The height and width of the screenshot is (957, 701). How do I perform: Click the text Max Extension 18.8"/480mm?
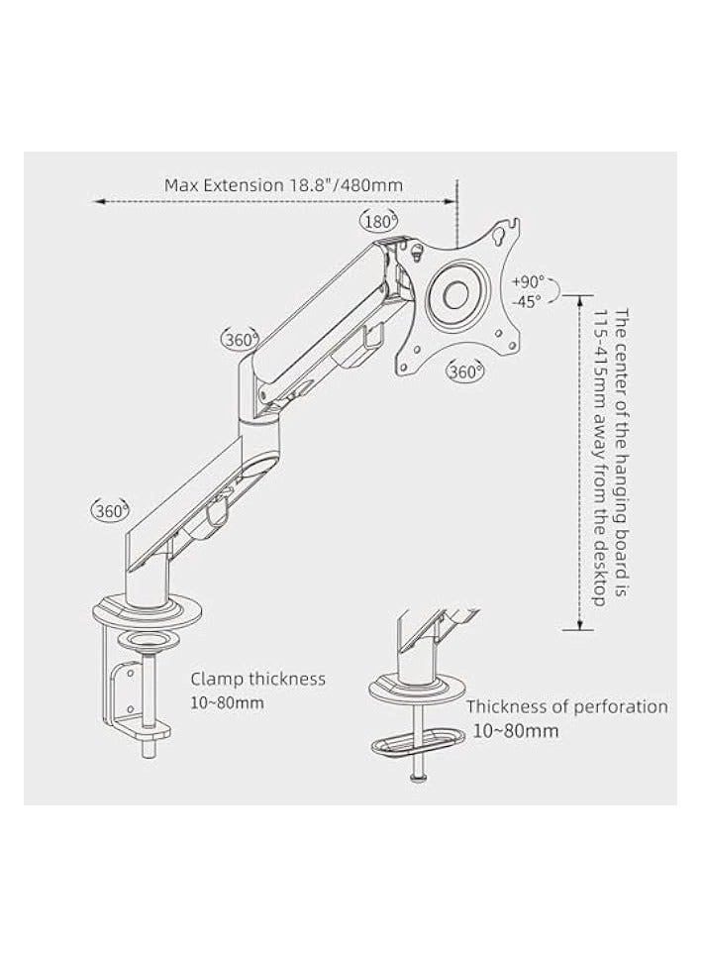(x=283, y=184)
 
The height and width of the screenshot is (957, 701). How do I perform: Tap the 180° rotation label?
(x=379, y=222)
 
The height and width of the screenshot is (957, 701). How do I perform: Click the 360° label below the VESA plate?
(x=465, y=372)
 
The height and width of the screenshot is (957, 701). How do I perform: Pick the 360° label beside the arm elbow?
(x=241, y=339)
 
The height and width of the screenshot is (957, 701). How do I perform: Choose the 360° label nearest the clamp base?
(x=111, y=510)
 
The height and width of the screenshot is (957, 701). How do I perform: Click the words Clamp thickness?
(x=257, y=679)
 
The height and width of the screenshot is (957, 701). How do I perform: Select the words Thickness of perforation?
(x=566, y=706)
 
